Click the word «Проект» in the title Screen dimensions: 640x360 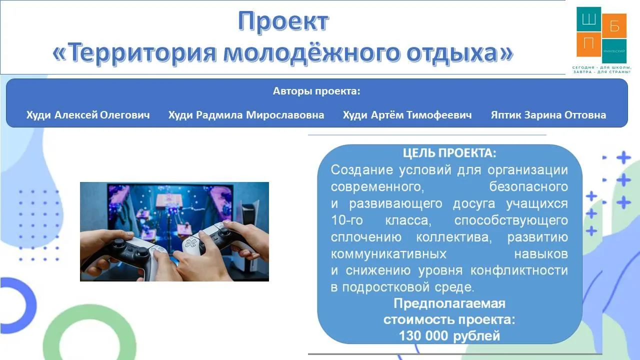click(283, 21)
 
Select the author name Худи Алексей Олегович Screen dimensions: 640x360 click(88, 115)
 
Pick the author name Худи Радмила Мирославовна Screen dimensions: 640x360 click(246, 115)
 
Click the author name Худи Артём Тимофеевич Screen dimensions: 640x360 click(407, 115)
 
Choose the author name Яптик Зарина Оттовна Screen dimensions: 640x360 click(548, 115)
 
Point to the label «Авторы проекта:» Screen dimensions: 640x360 click(316, 91)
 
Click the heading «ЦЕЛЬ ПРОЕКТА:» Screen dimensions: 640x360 click(449, 153)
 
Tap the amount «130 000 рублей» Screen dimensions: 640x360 click(449, 336)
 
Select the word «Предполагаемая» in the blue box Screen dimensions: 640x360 click(449, 303)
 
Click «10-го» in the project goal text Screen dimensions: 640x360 click(347, 220)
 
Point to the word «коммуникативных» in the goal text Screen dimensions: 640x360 click(388, 253)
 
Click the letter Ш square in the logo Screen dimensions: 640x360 click(588, 19)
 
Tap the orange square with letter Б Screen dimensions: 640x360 click(614, 25)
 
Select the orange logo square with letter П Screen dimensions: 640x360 click(588, 44)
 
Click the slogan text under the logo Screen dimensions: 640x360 click(601, 69)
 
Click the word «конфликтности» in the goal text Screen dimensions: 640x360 click(519, 270)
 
